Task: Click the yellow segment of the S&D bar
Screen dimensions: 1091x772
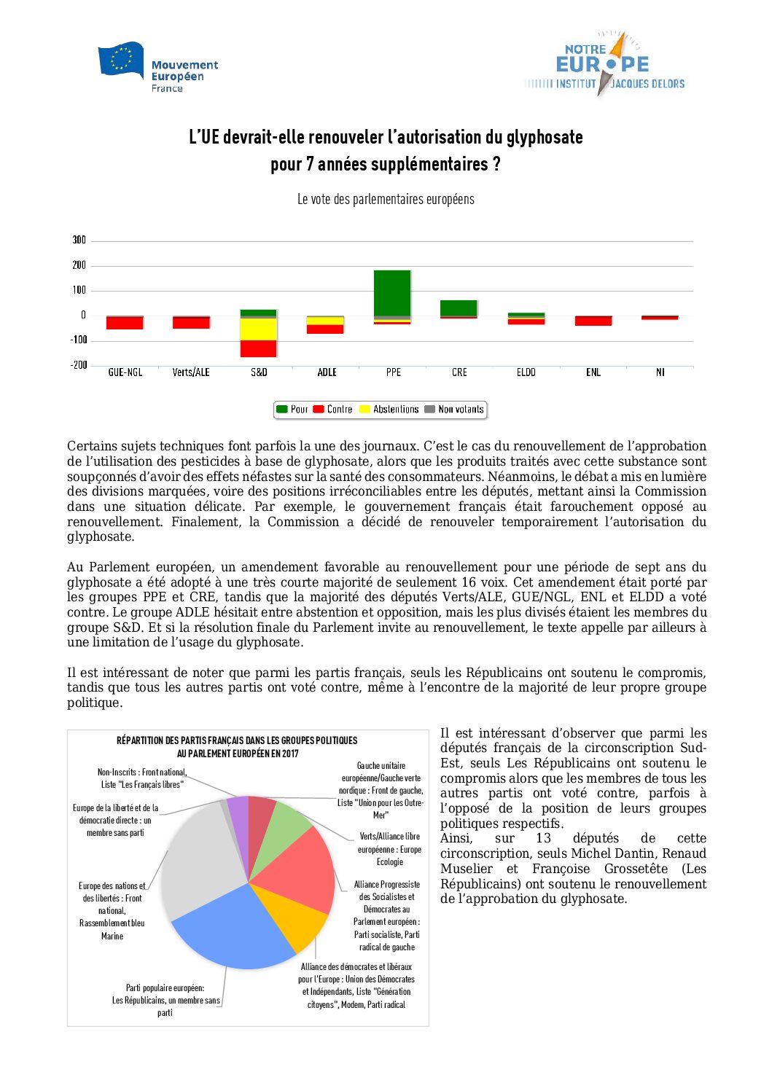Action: (259, 329)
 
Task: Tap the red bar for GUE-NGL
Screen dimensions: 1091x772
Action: (125, 323)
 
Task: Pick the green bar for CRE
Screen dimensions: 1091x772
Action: (459, 308)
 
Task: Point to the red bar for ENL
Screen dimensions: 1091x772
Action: (593, 321)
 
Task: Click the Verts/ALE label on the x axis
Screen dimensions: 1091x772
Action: (191, 372)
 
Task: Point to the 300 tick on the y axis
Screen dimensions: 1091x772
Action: (79, 240)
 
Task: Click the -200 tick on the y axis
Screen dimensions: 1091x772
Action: (79, 365)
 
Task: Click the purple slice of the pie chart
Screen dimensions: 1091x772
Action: (238, 813)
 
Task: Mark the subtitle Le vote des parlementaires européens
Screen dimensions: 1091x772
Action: (386, 200)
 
